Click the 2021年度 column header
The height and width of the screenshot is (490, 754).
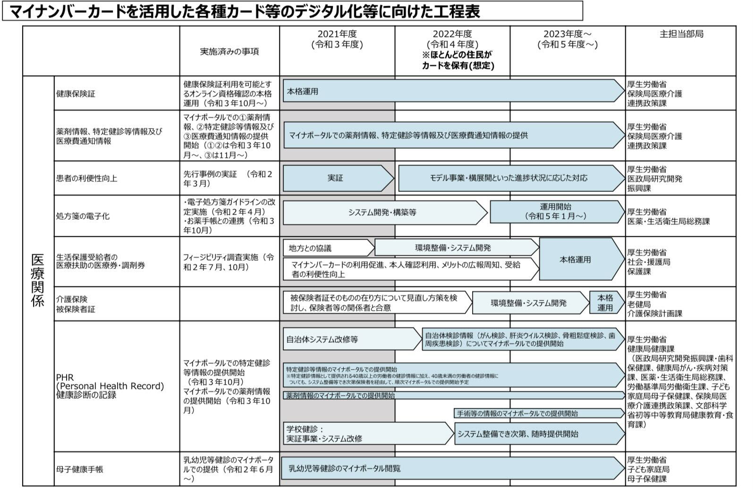tap(337, 39)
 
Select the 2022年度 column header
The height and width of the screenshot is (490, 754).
tap(452, 39)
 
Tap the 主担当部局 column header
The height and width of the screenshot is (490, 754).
tap(681, 34)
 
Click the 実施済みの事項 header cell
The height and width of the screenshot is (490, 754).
tap(229, 51)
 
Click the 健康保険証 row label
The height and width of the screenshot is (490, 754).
tap(76, 94)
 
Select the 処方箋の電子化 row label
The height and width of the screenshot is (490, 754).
tap(83, 216)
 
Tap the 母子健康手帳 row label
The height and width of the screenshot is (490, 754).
tap(79, 469)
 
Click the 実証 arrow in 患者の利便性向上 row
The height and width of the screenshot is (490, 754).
tap(336, 178)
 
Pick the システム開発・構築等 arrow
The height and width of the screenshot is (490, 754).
tap(382, 213)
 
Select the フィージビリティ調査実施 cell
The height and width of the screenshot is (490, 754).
tap(229, 262)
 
